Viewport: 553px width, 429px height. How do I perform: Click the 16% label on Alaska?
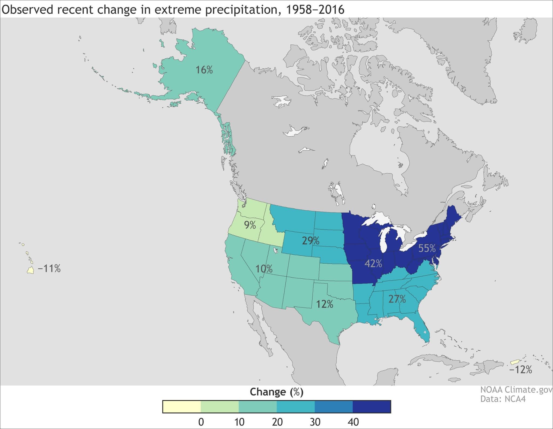(x=204, y=70)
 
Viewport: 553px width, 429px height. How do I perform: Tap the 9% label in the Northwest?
(x=250, y=225)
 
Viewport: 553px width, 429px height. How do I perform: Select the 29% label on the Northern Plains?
(x=311, y=241)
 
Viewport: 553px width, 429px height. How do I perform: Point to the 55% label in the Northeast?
(x=427, y=248)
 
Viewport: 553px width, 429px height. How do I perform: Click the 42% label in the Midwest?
(x=373, y=264)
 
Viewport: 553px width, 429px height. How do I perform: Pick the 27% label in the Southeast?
(x=397, y=299)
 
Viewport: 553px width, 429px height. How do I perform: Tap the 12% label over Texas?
(x=325, y=304)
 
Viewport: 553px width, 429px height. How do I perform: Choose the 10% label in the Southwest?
(x=264, y=269)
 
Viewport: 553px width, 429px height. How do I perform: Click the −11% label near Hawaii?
(x=49, y=269)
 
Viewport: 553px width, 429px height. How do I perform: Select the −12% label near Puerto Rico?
(x=521, y=370)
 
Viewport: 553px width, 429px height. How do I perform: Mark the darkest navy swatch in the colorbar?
(x=372, y=407)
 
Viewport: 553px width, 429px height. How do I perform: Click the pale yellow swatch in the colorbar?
(x=182, y=407)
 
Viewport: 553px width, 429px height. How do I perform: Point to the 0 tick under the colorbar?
(x=201, y=422)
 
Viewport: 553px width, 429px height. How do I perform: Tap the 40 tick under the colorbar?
(x=353, y=422)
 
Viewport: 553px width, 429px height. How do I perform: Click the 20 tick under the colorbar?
(x=277, y=422)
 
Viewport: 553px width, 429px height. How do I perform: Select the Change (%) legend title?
(x=276, y=392)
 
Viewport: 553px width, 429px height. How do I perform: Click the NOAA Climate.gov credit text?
(x=516, y=390)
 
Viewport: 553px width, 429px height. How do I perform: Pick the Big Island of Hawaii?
(x=31, y=270)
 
